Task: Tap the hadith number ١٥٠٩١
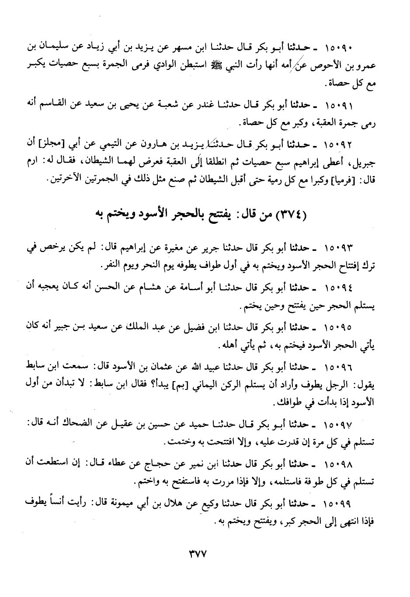(x=340, y=106)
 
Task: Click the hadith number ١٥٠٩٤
(x=340, y=288)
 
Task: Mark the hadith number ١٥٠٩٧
(x=340, y=425)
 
